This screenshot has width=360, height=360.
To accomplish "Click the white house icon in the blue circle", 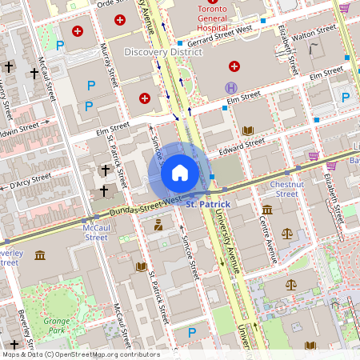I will [180, 173].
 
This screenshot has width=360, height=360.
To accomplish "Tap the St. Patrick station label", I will [208, 205].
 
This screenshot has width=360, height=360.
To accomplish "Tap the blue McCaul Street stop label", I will [96, 232].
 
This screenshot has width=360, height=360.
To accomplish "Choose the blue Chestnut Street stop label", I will [286, 188].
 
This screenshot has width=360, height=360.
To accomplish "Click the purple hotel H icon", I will [231, 86].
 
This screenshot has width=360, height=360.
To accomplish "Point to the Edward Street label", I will [242, 145].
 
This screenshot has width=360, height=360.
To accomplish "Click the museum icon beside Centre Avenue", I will [266, 210].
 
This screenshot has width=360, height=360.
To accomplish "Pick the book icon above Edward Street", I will [248, 130].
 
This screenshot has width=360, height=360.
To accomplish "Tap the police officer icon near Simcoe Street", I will [158, 224].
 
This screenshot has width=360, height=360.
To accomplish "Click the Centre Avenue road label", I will [267, 240].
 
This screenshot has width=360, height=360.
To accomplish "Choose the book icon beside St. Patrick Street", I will [142, 266].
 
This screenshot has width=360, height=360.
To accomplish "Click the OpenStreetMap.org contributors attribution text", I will [104, 354].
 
